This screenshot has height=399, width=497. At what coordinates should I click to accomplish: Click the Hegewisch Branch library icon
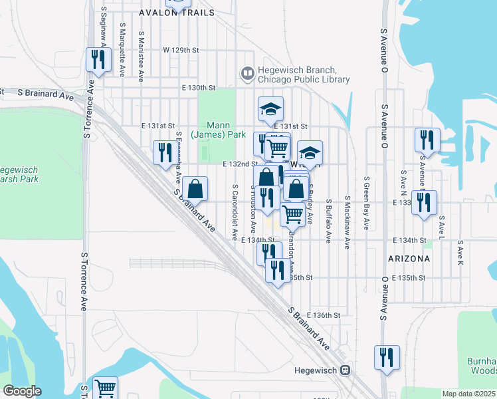[x=247, y=72]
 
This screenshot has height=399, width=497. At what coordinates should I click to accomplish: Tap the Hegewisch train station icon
[x=345, y=370]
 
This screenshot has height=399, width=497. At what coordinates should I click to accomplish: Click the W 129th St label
[x=181, y=50]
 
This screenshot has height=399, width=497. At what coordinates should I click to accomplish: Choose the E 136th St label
[x=326, y=315]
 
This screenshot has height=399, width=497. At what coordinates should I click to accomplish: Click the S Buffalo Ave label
[x=329, y=220]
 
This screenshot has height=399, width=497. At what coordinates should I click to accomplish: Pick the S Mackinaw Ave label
[x=347, y=222]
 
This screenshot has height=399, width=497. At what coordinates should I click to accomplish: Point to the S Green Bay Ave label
[x=366, y=203]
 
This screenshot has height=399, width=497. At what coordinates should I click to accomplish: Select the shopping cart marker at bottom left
[x=106, y=388]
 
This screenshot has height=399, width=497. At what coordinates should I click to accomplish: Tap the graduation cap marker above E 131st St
[x=270, y=108]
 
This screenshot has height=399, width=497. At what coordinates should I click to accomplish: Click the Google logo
[x=21, y=391]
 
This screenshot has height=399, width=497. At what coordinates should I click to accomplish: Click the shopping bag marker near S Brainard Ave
[x=195, y=188]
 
